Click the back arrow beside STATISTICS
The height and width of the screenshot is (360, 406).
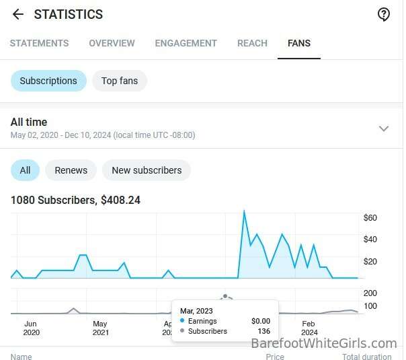[18, 14]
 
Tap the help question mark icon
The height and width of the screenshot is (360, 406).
[383, 14]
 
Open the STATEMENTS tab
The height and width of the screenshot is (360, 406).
[40, 43]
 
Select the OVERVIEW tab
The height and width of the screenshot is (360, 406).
[112, 43]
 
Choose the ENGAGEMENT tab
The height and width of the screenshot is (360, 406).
[186, 43]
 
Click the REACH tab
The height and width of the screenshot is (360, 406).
[253, 43]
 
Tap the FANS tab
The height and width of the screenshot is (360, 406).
[299, 43]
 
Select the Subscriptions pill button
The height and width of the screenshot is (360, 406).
[48, 81]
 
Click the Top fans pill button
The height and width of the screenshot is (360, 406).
[120, 81]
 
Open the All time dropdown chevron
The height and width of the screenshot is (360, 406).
[383, 129]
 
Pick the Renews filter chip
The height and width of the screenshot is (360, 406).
[71, 170]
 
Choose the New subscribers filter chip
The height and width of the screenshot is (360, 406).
[147, 170]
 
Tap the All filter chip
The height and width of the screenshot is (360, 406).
[25, 170]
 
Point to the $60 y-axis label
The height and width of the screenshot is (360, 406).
[370, 218]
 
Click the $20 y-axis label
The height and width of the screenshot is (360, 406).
[370, 262]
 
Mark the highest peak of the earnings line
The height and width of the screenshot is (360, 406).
[244, 211]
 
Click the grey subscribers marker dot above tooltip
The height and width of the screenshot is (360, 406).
[225, 296]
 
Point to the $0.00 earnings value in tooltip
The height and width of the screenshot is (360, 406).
[261, 321]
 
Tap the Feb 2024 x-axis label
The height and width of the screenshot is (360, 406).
[309, 328]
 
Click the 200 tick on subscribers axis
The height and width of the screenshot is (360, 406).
[370, 293]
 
